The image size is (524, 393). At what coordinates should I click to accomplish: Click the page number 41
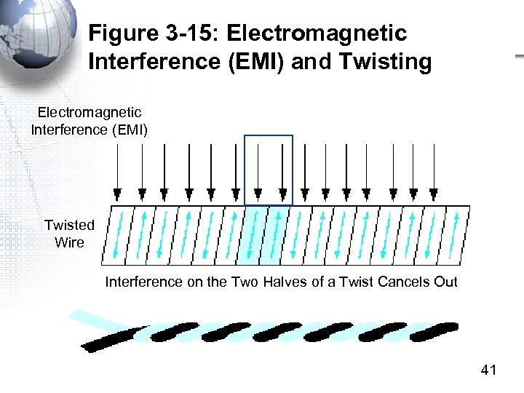click(x=488, y=371)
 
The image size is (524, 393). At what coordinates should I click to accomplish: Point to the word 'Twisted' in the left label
click(x=69, y=225)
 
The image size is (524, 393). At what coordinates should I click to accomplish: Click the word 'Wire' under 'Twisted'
click(x=69, y=242)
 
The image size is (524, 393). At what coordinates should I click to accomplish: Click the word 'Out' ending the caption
click(x=445, y=282)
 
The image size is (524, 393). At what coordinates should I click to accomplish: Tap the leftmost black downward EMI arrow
click(x=118, y=172)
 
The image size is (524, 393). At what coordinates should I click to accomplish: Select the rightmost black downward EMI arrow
click(x=434, y=172)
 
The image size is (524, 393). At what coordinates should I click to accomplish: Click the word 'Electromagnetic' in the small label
click(x=90, y=113)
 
